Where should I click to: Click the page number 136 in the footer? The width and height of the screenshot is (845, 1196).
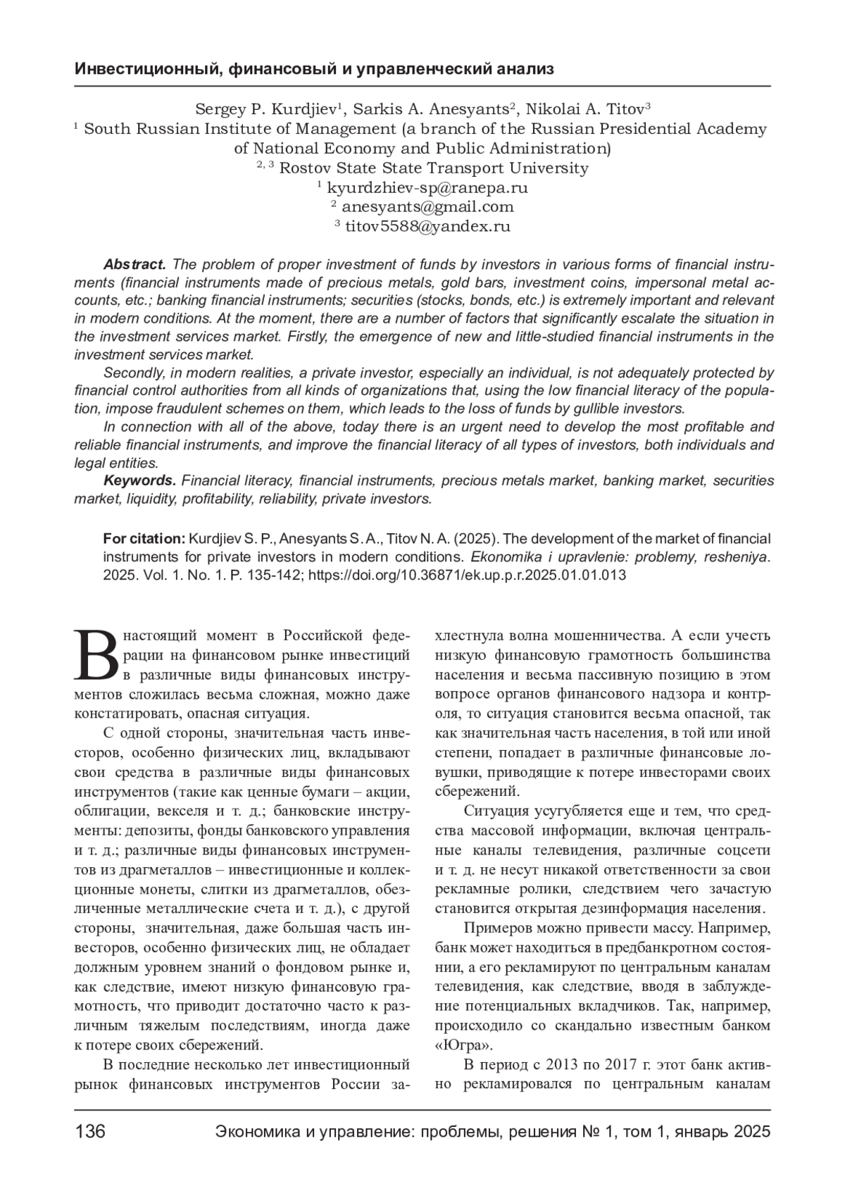[x=90, y=1132]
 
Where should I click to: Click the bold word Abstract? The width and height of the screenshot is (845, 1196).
[x=134, y=265]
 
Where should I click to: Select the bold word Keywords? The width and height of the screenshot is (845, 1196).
[x=139, y=480]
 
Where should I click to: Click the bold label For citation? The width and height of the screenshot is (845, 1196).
[x=144, y=539]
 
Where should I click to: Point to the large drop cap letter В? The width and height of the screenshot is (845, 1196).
[x=96, y=654]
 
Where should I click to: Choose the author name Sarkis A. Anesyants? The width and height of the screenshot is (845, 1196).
[x=430, y=109]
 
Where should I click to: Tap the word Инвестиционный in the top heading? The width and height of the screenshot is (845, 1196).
[x=145, y=69]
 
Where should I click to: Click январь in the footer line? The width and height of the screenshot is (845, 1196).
[x=701, y=1132]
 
